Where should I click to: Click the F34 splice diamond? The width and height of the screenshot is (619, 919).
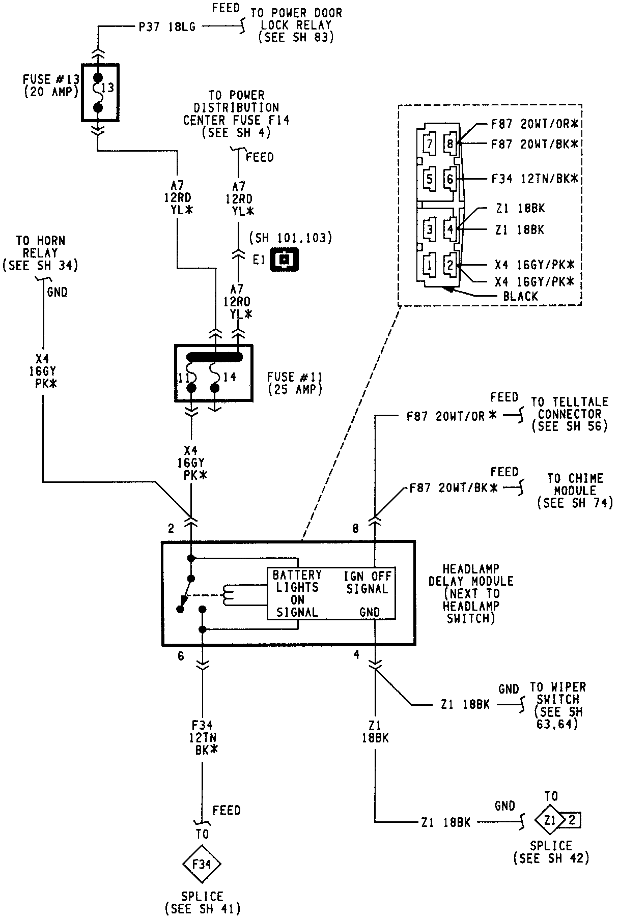point(202,864)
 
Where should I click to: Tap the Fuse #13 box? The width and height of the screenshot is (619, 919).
point(100,93)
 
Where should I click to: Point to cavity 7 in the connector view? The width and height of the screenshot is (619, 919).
point(430,144)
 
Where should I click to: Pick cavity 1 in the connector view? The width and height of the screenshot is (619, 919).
point(430,265)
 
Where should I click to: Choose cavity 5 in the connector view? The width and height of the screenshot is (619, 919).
point(430,179)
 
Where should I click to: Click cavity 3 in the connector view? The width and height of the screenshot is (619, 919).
point(430,229)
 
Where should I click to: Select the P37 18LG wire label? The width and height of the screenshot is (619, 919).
point(167,27)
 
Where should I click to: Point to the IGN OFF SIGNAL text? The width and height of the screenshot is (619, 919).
point(367,582)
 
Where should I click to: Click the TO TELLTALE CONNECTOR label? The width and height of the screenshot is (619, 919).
point(570,414)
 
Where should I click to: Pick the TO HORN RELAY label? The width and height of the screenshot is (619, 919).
point(40,252)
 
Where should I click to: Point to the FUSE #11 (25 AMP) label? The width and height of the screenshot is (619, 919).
point(294,383)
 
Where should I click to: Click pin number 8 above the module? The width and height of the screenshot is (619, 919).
point(355,529)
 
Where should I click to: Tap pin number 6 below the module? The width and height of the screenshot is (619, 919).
point(181,656)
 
